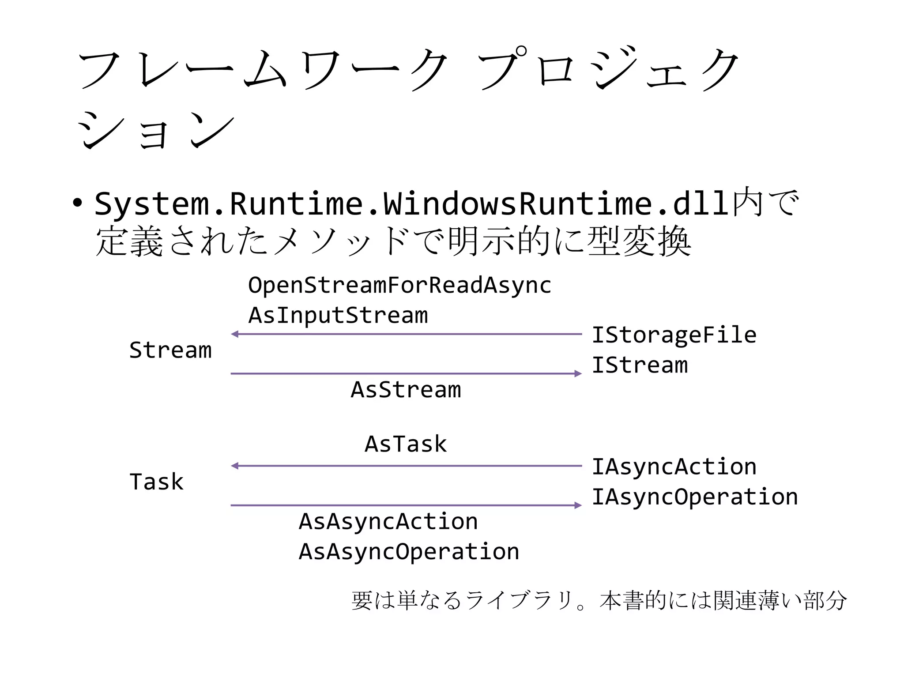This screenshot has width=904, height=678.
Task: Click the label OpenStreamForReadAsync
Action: coord(399,285)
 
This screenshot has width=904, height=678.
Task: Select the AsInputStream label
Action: coord(338,315)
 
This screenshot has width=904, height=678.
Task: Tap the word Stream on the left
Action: coord(170,350)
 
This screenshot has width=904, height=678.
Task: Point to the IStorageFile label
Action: coord(674,335)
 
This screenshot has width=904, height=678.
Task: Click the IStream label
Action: coord(639,365)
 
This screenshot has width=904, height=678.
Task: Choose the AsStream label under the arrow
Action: coord(406,390)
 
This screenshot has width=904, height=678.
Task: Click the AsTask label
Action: coord(406,444)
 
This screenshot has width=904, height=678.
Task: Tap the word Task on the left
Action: coord(156,482)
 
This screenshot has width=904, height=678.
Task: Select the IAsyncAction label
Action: coord(674,467)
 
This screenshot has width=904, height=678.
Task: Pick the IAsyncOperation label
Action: coord(694,497)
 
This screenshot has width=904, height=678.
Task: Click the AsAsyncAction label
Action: coord(388,521)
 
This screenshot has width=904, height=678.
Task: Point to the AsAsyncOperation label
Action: coord(409,552)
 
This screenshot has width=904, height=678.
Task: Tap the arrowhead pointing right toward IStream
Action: coord(578,374)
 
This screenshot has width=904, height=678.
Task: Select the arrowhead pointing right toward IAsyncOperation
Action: coord(578,505)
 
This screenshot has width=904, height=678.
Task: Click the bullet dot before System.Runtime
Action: coord(78,203)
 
